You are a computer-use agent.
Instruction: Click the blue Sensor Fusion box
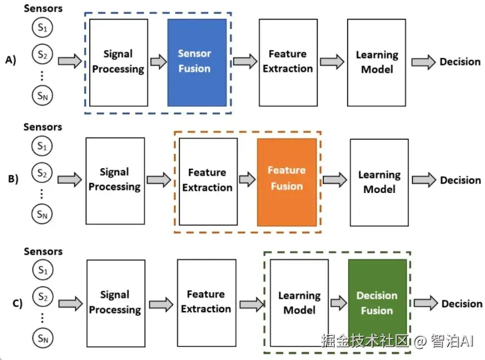197,63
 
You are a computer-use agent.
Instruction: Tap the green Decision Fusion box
377,303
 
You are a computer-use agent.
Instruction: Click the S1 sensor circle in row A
41,29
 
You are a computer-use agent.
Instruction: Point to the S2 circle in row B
41,174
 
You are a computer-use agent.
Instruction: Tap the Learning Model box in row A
376,63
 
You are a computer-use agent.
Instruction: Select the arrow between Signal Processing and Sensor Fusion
158,62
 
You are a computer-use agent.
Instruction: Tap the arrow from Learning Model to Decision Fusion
338,303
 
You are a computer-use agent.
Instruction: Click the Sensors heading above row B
42,127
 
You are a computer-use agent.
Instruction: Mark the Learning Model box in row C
299,302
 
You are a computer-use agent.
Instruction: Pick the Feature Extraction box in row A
288,61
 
